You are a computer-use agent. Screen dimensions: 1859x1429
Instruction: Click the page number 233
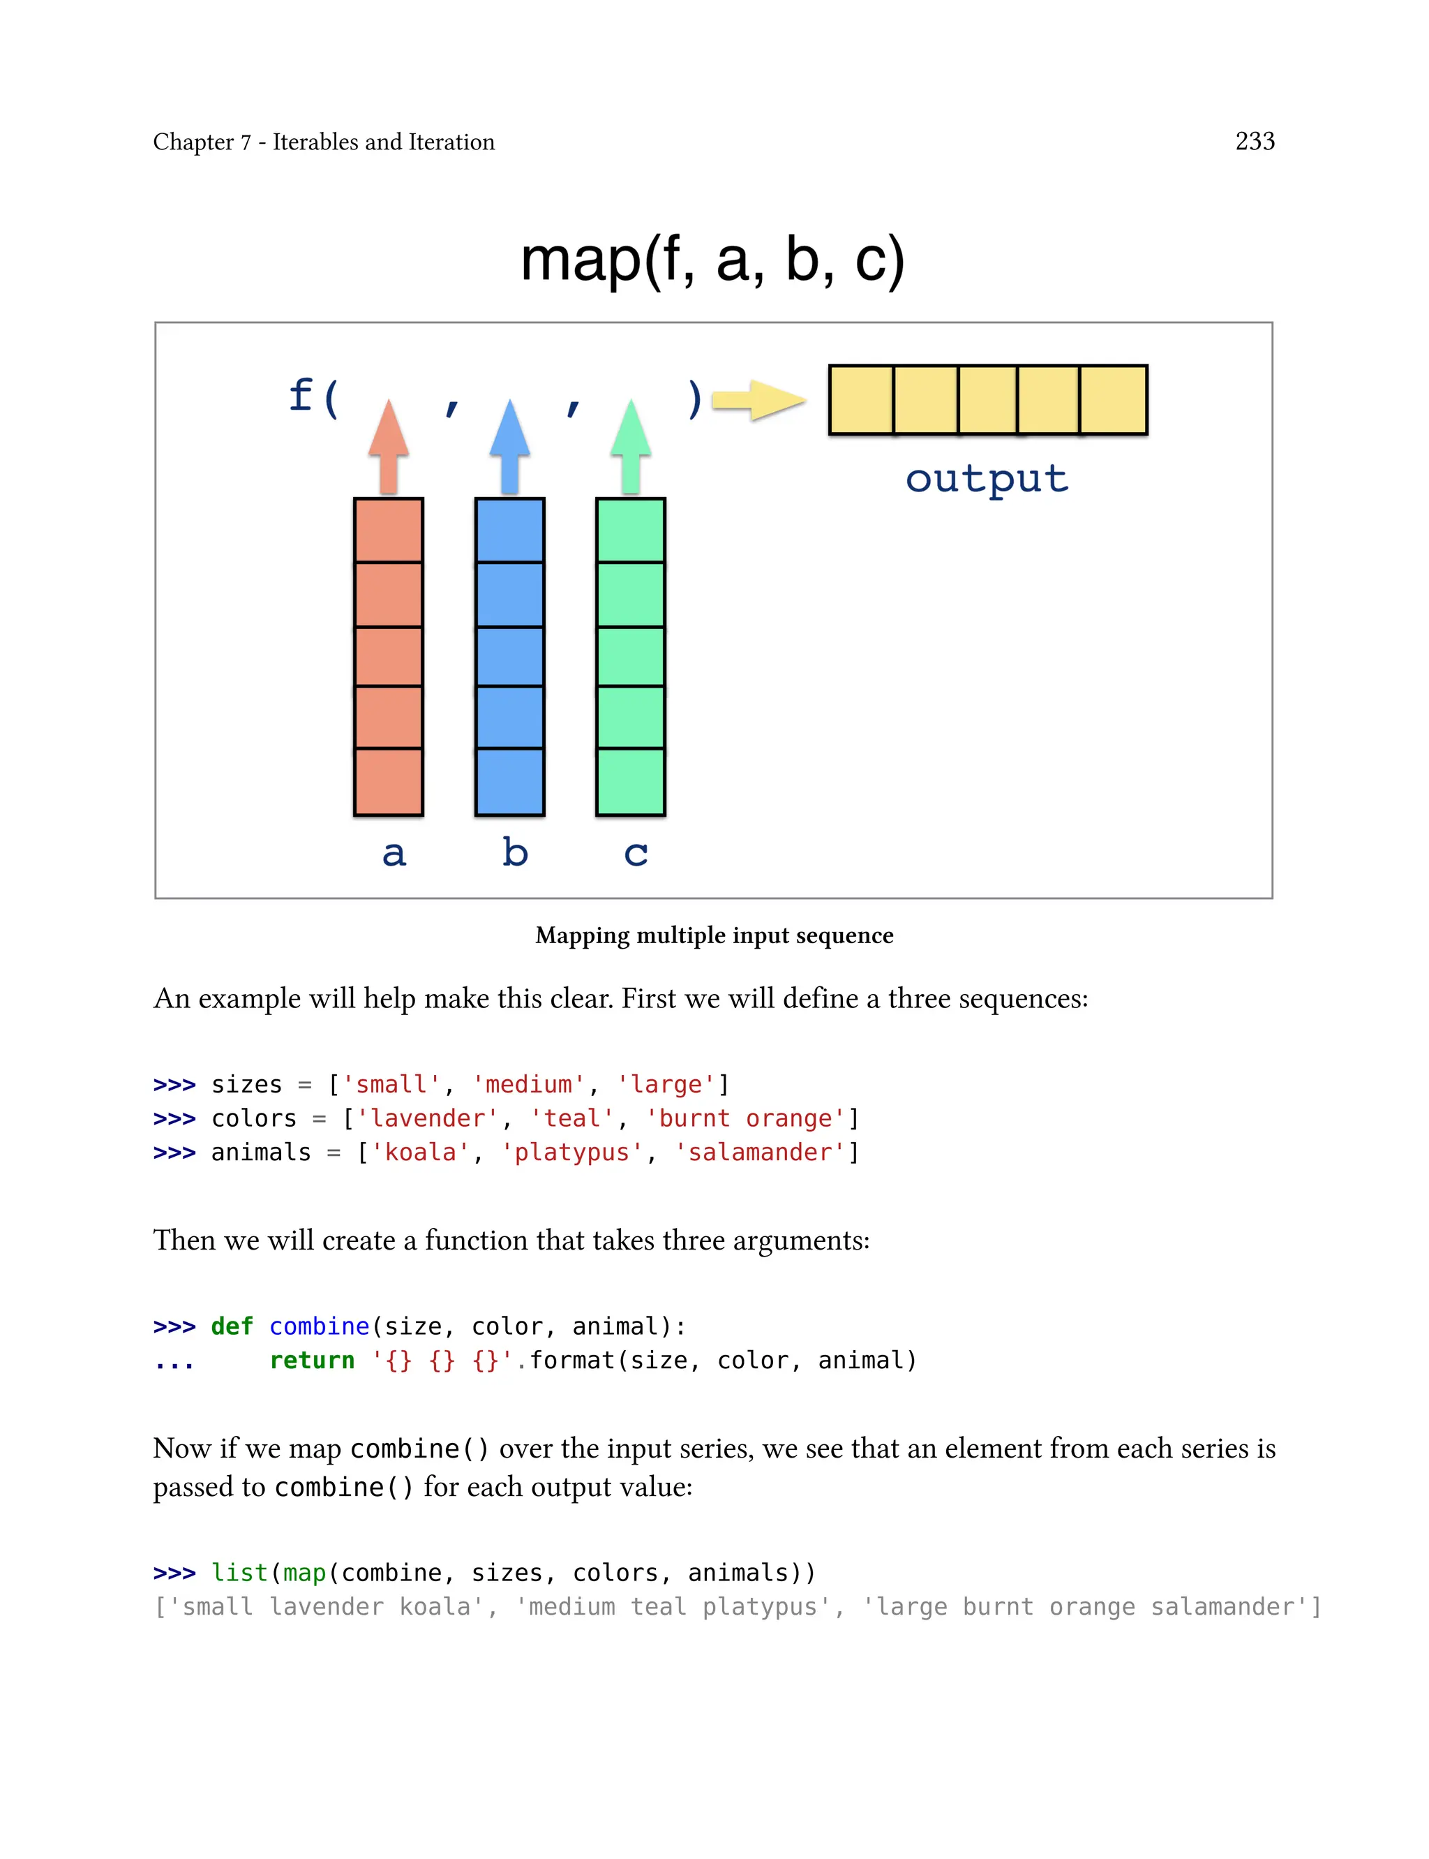tap(1254, 141)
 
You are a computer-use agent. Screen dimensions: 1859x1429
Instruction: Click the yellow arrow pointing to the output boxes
tap(757, 400)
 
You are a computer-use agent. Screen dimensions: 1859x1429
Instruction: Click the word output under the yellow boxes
tap(987, 479)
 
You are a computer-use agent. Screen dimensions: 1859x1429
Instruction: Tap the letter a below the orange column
tap(394, 852)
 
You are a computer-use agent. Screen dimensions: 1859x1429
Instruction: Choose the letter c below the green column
tap(636, 853)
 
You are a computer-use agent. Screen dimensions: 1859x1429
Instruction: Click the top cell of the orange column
tap(389, 530)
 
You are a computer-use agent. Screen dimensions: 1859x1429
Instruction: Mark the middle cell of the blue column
tap(509, 656)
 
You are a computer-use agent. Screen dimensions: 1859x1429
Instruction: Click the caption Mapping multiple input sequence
tap(714, 935)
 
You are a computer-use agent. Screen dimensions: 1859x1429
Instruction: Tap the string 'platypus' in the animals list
tap(571, 1152)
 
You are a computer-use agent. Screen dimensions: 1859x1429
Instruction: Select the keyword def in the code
tap(232, 1326)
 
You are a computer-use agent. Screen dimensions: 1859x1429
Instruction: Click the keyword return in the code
tap(311, 1361)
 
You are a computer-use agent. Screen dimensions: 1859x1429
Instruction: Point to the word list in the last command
tap(239, 1572)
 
